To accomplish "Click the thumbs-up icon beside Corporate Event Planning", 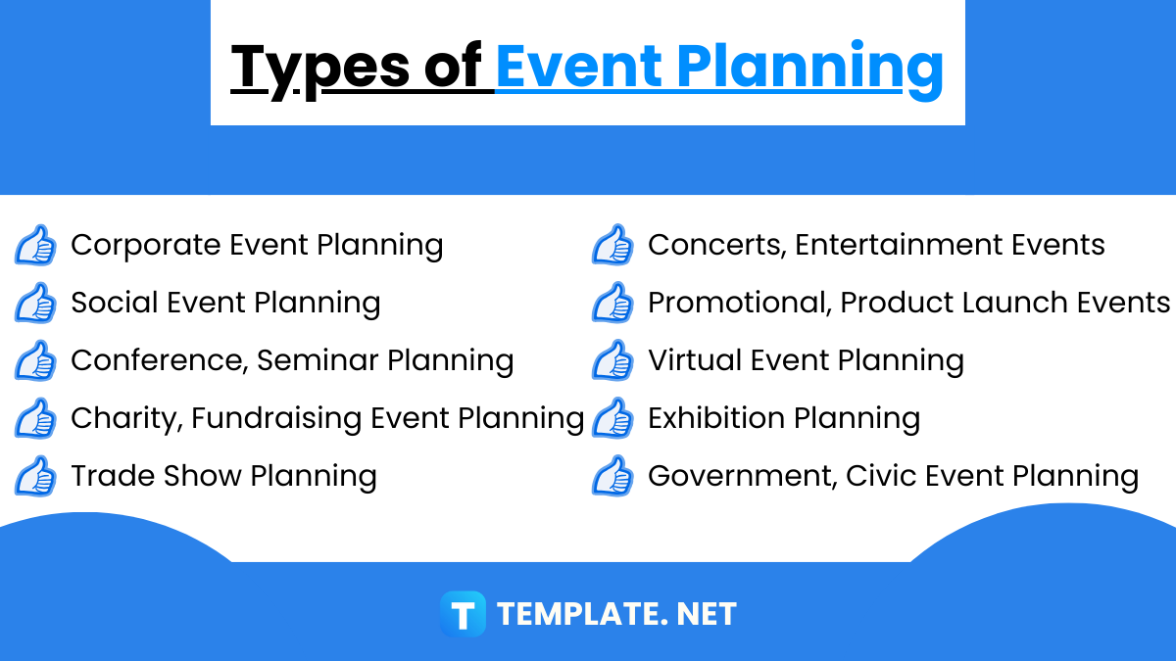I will click(x=35, y=245).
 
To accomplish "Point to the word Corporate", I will click(x=146, y=245).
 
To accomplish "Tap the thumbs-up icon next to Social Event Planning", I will click(x=35, y=303).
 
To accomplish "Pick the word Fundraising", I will click(x=276, y=418).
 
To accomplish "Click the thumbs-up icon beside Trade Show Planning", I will click(x=35, y=476).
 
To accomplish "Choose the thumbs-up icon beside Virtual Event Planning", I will click(x=612, y=360).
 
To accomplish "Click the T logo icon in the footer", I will click(x=463, y=614).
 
